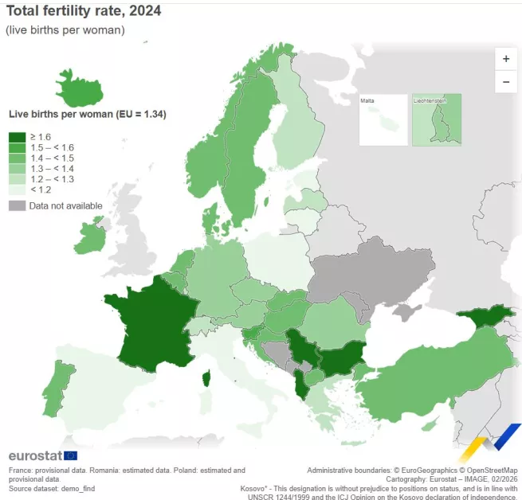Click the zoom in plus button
(x=505, y=59)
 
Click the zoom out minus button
(x=505, y=81)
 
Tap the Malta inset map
(x=383, y=120)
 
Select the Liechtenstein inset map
(x=436, y=120)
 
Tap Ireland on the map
(x=90, y=239)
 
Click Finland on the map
(x=295, y=127)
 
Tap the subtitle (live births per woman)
(x=65, y=30)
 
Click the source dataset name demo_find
(x=78, y=487)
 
